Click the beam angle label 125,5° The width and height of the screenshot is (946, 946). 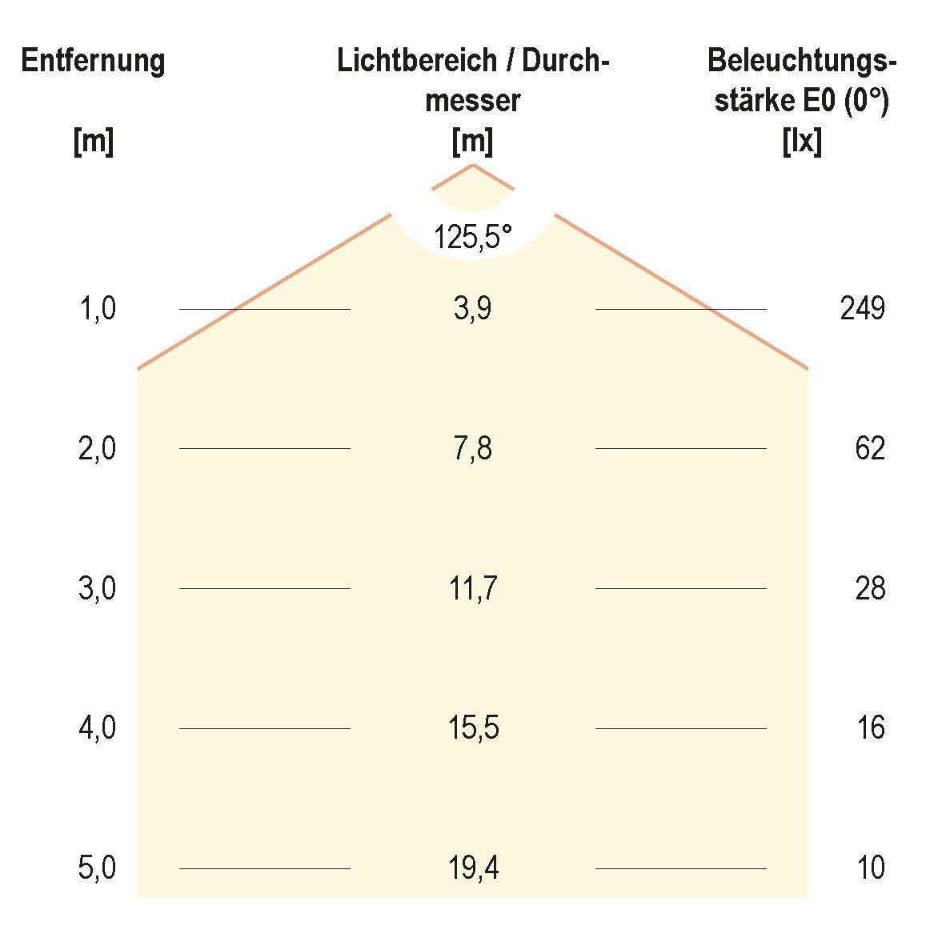[x=472, y=237]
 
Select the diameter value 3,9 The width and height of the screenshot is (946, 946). [x=472, y=308]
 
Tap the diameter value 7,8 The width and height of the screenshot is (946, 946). [x=472, y=448]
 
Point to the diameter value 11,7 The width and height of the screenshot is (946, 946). [x=472, y=588]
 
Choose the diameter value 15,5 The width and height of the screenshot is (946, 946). [x=472, y=728]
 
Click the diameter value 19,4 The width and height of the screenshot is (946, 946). [x=472, y=868]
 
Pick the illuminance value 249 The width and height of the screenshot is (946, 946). [x=863, y=308]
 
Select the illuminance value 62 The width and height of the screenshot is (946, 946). [x=870, y=448]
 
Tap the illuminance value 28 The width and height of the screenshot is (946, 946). [x=870, y=588]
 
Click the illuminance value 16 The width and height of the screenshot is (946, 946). [x=870, y=728]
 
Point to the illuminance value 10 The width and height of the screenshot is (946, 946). [x=870, y=868]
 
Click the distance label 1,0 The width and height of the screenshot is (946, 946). [x=98, y=309]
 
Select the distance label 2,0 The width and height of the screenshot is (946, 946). [x=98, y=449]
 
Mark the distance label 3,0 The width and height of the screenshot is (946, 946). [x=98, y=589]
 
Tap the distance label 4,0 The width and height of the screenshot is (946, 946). [x=98, y=729]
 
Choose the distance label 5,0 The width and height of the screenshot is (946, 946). [x=98, y=868]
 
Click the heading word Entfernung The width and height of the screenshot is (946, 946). [x=94, y=62]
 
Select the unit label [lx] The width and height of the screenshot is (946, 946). [x=802, y=142]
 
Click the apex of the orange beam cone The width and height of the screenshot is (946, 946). [x=473, y=165]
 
